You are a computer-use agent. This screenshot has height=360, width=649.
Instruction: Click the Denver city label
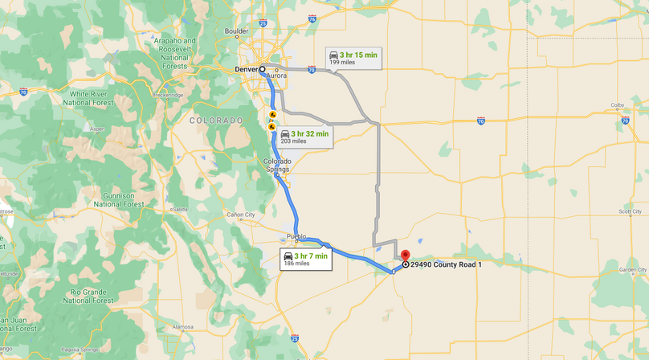point(245,70)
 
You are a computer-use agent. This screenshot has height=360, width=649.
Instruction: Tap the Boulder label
point(236,31)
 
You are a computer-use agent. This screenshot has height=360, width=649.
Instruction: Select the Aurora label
point(276,76)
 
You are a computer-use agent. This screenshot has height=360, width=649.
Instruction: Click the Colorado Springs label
point(277,165)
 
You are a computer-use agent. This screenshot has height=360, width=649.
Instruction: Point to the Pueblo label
point(296,236)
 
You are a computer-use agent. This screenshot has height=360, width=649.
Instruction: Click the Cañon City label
point(240,215)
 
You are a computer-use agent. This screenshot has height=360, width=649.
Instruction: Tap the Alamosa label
point(183,327)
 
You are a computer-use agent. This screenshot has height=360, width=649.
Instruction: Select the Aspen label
point(97,129)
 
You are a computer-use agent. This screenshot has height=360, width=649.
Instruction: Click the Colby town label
point(617,105)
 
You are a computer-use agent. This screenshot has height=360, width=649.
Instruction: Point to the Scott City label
point(630,211)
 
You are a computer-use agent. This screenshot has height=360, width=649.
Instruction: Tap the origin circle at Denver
point(262,70)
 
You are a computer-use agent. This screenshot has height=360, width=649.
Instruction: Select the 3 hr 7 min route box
point(305,259)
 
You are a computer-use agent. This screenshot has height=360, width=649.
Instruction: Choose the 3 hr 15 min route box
point(353,58)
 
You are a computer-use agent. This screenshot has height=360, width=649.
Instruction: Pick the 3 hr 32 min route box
point(304,137)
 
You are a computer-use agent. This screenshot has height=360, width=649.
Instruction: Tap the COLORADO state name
point(215,120)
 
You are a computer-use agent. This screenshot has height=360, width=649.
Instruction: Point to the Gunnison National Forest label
point(118,199)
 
